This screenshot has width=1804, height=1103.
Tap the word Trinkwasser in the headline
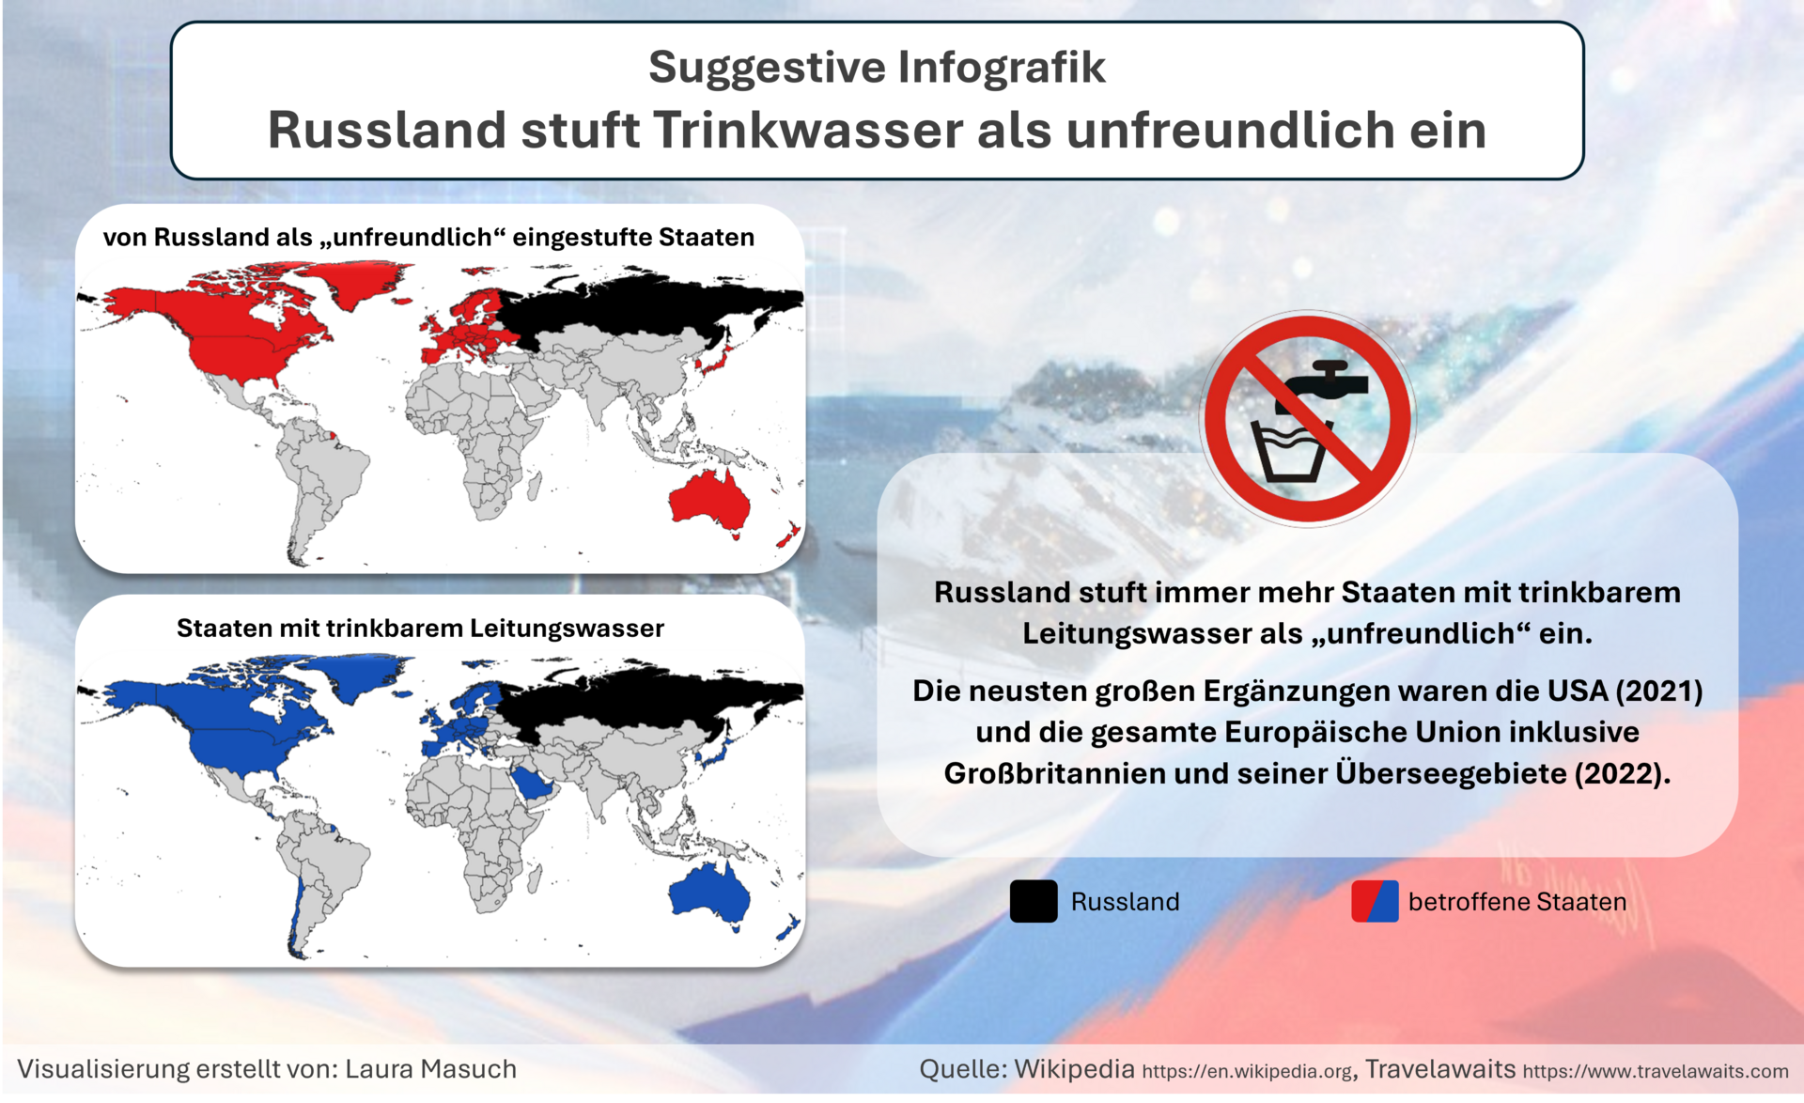point(808,130)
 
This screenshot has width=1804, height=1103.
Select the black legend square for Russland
point(1034,902)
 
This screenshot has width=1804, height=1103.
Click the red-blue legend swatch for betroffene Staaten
point(1375,902)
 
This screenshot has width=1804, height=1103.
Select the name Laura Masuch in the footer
point(430,1069)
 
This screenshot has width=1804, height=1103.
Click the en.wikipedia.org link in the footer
point(1247,1071)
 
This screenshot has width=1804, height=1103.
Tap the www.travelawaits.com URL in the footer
point(1656,1071)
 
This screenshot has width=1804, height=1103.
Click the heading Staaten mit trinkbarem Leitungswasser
point(420,629)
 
